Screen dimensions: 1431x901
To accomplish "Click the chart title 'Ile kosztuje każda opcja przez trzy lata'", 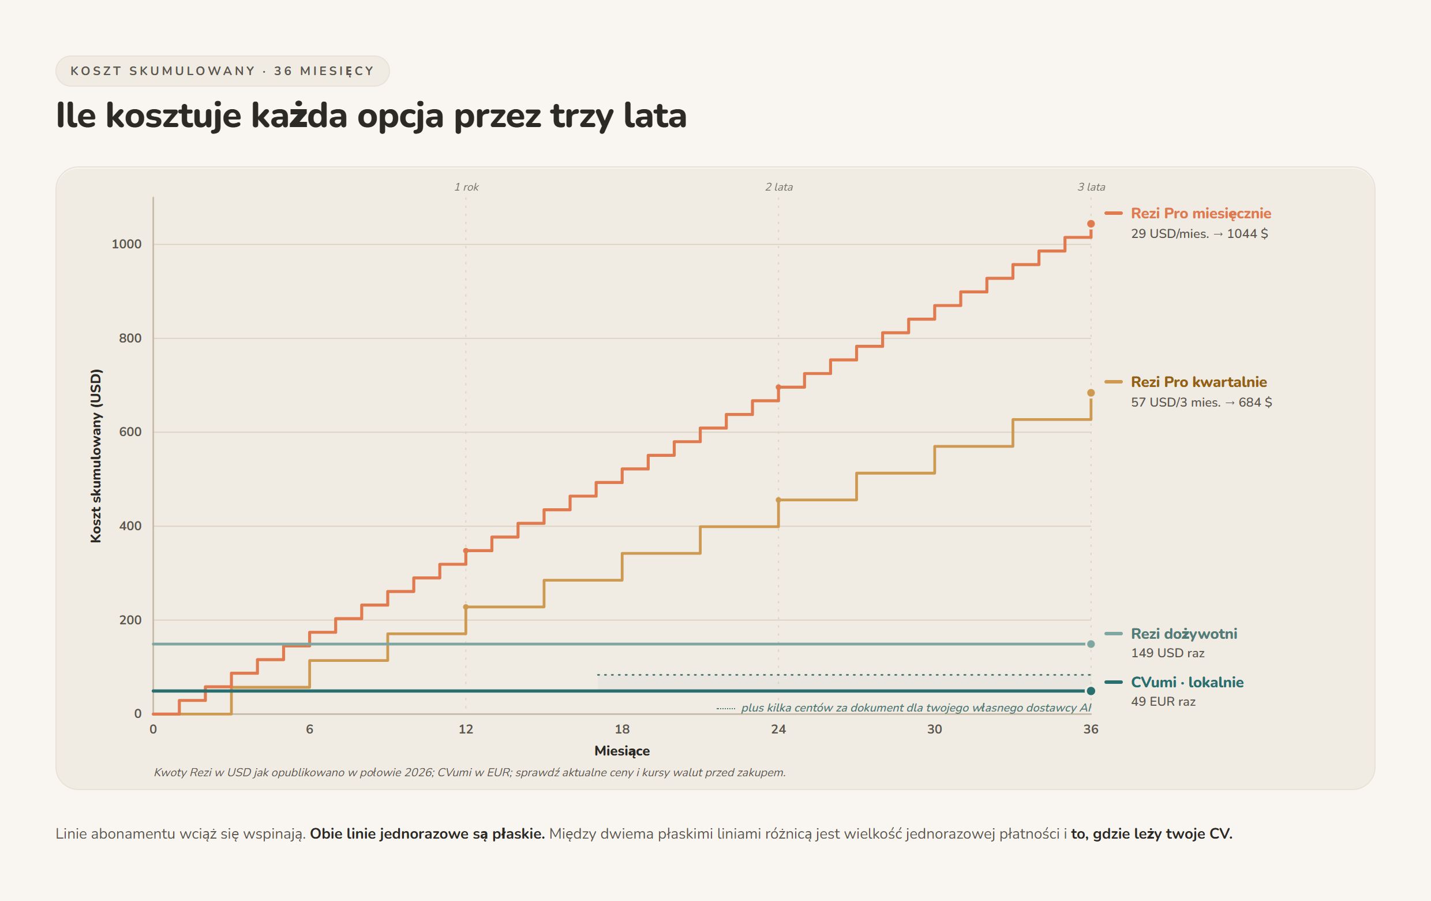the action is (x=371, y=116).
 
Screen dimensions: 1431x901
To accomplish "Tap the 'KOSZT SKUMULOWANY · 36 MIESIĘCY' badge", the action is (x=222, y=72).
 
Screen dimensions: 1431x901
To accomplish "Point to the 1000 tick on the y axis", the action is (x=126, y=244).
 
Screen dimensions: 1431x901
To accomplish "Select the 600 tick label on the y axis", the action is (x=130, y=432).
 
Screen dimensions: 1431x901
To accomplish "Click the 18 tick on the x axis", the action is (x=622, y=729).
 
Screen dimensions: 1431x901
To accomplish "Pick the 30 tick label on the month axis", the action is (x=935, y=729).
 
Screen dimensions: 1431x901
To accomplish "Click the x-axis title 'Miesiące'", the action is (x=622, y=751).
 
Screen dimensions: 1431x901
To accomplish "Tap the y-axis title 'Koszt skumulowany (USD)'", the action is (x=96, y=456).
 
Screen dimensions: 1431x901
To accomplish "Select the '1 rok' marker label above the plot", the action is (x=466, y=187).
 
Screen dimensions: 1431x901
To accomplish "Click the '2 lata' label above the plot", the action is (x=779, y=187).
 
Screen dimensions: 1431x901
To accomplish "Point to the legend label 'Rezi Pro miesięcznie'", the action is (x=1201, y=214).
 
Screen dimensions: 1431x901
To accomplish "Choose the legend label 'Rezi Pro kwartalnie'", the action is (x=1198, y=382).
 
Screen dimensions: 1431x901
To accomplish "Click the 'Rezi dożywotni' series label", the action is (x=1184, y=634).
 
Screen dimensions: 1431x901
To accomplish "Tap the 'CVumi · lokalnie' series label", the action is (x=1187, y=682).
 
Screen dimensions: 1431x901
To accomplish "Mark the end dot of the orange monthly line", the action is (x=1091, y=224).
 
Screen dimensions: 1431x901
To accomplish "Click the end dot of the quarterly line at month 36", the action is (x=1091, y=393).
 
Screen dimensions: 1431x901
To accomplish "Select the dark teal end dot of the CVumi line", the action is (x=1091, y=691).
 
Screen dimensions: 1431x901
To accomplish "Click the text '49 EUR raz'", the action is (x=1163, y=702).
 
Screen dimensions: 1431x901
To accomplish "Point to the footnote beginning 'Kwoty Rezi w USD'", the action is (x=470, y=773).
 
